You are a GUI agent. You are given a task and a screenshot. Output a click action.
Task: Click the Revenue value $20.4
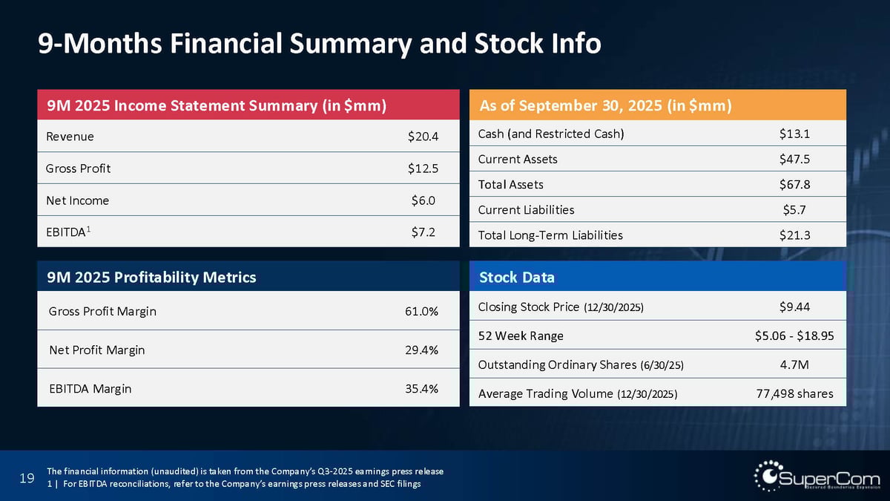[x=423, y=137]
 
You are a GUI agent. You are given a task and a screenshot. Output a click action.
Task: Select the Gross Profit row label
[x=78, y=168]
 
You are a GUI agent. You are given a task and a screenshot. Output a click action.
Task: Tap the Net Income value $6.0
[x=423, y=200]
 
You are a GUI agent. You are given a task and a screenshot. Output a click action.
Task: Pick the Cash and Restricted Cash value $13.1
[x=794, y=134]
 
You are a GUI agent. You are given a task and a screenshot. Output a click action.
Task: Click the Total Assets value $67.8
[x=794, y=184]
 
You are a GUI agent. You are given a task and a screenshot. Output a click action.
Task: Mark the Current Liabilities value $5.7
[x=794, y=209]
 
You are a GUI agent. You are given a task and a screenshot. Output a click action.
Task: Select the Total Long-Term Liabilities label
[x=550, y=235]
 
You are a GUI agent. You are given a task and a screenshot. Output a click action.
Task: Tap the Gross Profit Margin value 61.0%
[x=421, y=312]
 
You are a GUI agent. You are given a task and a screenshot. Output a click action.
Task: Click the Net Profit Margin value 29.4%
[x=421, y=350]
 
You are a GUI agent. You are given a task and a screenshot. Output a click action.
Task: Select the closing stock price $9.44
[x=794, y=306]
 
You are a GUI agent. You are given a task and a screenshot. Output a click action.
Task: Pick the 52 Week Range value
[x=789, y=335]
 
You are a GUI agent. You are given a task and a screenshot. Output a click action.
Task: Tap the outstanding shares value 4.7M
[x=794, y=364]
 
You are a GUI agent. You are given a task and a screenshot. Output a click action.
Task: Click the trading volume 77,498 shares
[x=789, y=393]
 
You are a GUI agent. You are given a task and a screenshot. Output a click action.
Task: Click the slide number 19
[x=27, y=479]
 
